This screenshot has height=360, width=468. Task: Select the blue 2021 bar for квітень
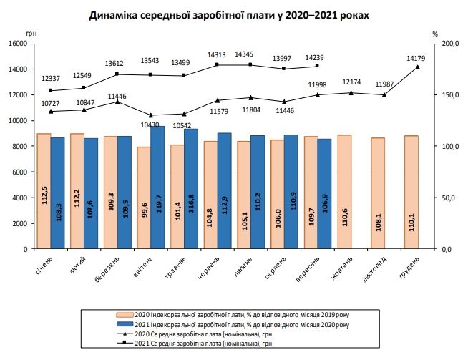pos(157,188)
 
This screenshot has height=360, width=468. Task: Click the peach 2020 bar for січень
pos(44,191)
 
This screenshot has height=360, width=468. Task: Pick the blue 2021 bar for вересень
pos(324,194)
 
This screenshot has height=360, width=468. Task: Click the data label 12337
pos(49,77)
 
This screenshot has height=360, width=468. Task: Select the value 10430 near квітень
pos(150,125)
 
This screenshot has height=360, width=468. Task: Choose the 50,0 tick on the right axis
pos(446,198)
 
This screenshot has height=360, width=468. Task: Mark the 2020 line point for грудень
pos(417,67)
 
